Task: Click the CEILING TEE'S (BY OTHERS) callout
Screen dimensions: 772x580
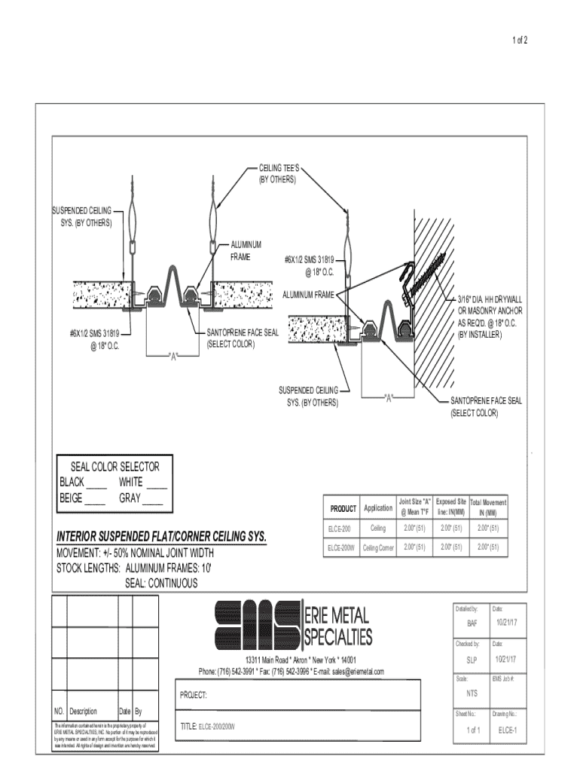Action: tap(278, 175)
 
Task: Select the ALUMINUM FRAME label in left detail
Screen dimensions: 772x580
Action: tap(246, 250)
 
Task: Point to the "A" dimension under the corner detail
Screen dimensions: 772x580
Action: tap(389, 397)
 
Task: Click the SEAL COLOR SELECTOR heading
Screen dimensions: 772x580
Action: tap(115, 467)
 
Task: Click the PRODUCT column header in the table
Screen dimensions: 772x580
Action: tap(343, 508)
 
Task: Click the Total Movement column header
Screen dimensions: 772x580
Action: tap(488, 507)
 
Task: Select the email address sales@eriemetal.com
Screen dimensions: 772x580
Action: tap(349, 672)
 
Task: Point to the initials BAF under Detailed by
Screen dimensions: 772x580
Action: tap(472, 623)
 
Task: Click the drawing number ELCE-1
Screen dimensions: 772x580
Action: tap(507, 730)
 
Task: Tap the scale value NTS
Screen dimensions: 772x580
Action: tap(472, 693)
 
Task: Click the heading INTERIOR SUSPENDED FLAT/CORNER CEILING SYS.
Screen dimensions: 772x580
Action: tap(162, 537)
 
